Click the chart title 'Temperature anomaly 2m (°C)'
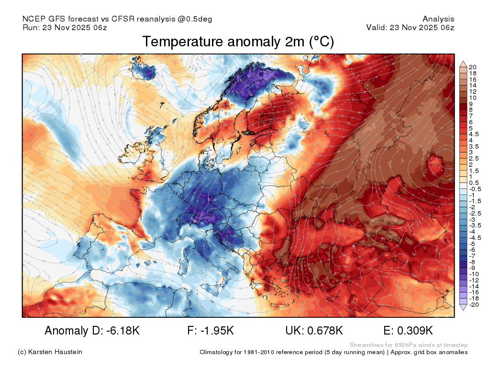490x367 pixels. coord(238,42)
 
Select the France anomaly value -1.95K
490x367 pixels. coord(217,331)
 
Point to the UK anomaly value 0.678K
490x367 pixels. coord(323,331)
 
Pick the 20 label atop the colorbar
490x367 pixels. coord(472,67)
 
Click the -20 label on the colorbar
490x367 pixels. coord(474,304)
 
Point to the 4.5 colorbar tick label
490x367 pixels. coord(474,134)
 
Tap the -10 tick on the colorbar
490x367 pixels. coord(474,274)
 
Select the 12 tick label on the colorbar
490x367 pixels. coord(472,91)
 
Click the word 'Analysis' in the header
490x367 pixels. coord(438,19)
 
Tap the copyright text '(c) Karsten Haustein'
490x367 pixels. coord(50,352)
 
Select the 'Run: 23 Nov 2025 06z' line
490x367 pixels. coord(65,27)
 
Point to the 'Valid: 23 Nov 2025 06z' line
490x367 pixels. coord(410,27)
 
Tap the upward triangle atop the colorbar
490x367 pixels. coord(463,65)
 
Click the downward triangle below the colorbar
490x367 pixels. coord(463,307)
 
